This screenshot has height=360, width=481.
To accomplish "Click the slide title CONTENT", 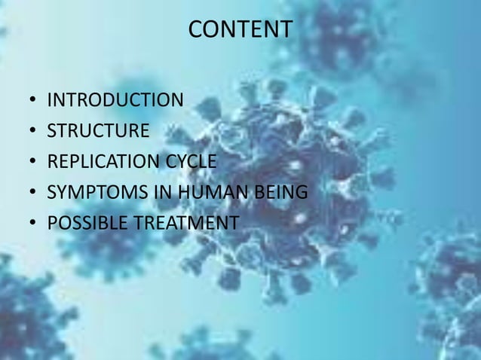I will pos(240,29).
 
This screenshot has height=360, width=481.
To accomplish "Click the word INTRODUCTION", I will pos(115,100).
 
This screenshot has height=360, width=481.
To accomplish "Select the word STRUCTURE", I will pos(98,131).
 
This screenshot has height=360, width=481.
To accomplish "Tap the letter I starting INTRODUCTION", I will pos(50,100).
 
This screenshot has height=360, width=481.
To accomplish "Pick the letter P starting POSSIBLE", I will pos(52,224).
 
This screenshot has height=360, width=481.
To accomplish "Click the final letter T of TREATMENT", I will pos(234,224).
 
